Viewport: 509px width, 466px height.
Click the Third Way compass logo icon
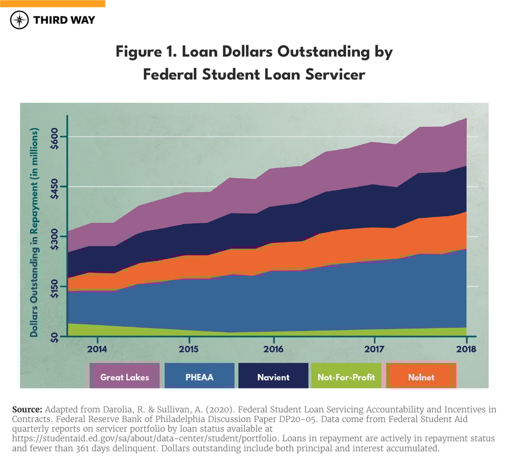click(x=19, y=20)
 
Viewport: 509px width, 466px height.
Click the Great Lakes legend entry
click(x=125, y=377)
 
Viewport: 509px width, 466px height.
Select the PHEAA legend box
click(x=199, y=377)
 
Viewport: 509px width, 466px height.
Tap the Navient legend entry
click(x=273, y=377)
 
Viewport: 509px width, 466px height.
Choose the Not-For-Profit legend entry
click(x=346, y=377)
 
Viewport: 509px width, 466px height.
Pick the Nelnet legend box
click(x=422, y=377)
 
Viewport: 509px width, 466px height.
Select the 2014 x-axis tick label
click(x=97, y=349)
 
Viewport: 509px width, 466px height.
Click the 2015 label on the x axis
click(x=188, y=349)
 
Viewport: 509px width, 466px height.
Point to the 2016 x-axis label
click(x=273, y=349)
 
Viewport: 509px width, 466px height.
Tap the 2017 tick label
click(x=374, y=349)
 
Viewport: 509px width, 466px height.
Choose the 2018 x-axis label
click(x=466, y=349)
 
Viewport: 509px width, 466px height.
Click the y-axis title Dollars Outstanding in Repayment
click(x=34, y=232)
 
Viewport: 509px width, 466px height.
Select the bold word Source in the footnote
click(x=27, y=409)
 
